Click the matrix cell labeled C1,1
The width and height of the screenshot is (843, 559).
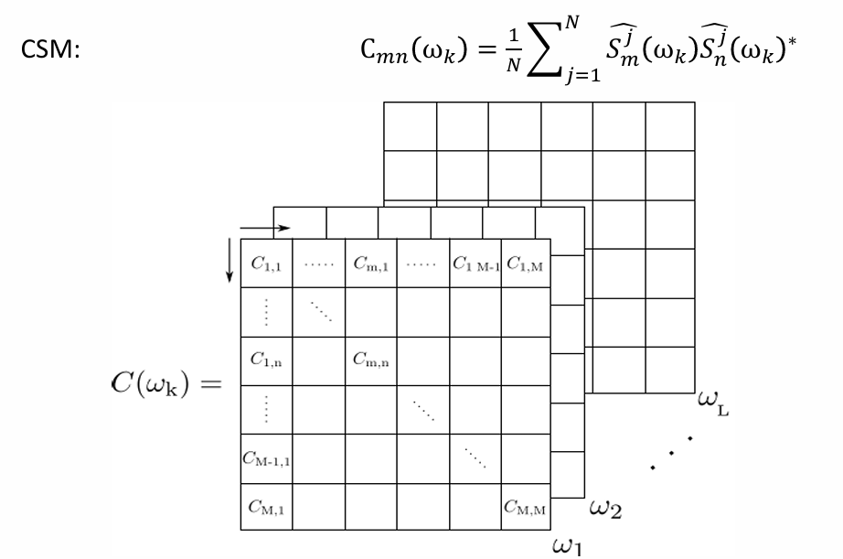click(266, 265)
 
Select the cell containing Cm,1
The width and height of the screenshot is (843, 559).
click(371, 265)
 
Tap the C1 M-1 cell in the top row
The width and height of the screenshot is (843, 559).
click(475, 265)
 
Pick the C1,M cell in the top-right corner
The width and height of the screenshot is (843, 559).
click(527, 265)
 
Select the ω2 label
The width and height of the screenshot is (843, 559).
click(604, 508)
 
